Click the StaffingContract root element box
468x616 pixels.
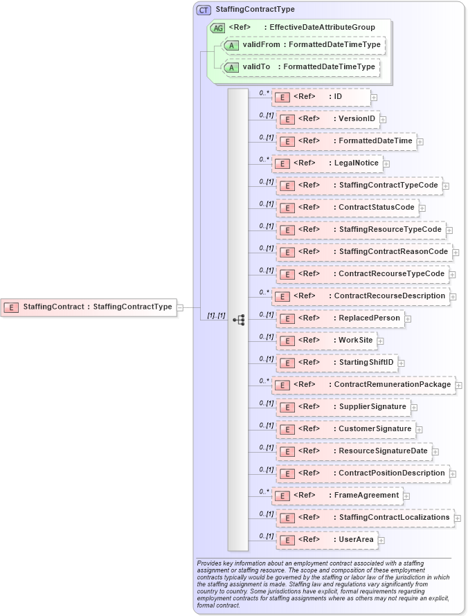pos(88,307)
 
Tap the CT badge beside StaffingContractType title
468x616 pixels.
pos(204,10)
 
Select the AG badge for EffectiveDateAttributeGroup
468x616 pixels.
pos(217,28)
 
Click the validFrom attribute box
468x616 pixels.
pos(303,45)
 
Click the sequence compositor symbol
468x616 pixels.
pos(239,320)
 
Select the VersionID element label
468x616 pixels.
pos(357,119)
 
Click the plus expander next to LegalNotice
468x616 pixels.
pos(386,164)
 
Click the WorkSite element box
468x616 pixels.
pos(330,341)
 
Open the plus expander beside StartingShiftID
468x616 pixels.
pos(401,363)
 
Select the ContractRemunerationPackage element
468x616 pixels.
pos(363,385)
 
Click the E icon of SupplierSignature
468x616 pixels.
pos(285,407)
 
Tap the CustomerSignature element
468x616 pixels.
pos(346,429)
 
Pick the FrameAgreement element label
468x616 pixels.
pos(366,496)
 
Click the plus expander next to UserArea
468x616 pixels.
pos(381,541)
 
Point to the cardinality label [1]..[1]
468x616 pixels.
pos(216,316)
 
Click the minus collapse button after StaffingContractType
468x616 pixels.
pos(180,307)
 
